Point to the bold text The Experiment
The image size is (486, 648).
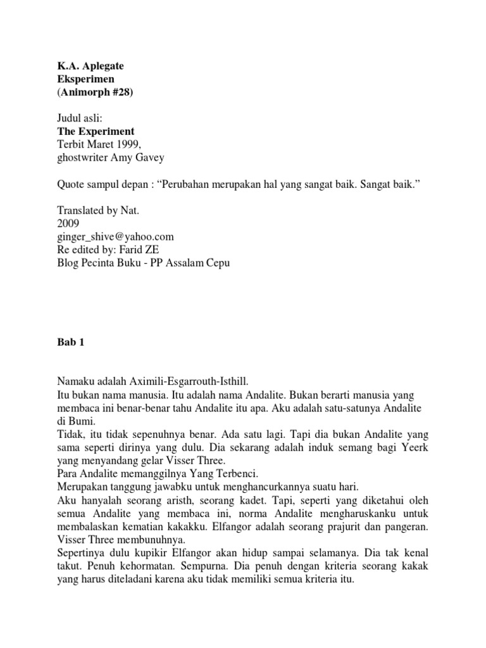click(96, 132)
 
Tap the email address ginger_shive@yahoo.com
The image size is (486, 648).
click(115, 236)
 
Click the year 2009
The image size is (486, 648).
click(68, 223)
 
